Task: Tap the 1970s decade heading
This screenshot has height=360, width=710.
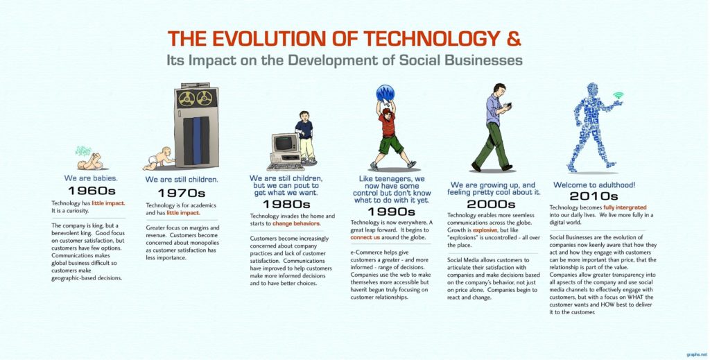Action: click(182, 193)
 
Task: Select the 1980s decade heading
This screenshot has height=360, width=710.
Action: click(286, 204)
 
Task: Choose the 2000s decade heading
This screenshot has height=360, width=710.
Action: click(491, 204)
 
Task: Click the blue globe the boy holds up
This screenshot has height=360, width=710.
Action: click(385, 94)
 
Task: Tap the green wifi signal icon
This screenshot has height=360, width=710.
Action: click(618, 95)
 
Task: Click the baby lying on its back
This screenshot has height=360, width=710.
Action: click(90, 162)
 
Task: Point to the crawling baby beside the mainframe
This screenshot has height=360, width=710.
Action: click(159, 159)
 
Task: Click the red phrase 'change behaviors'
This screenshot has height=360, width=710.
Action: click(296, 225)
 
